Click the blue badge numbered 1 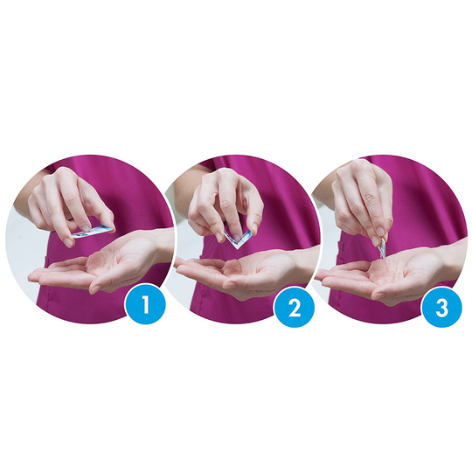pyautogui.click(x=146, y=304)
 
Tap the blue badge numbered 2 pyautogui.click(x=294, y=308)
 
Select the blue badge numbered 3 pyautogui.click(x=441, y=308)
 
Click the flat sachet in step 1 pyautogui.click(x=93, y=233)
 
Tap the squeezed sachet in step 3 pyautogui.click(x=382, y=247)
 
